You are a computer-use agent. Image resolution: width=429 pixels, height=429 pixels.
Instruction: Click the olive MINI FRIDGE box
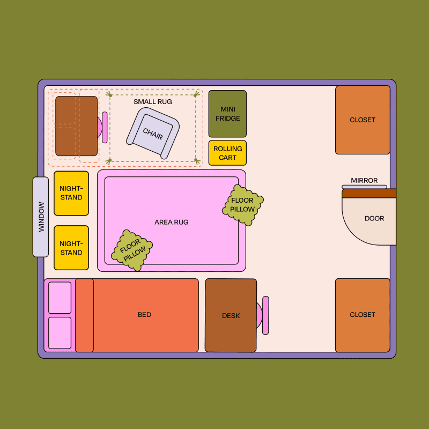pyautogui.click(x=227, y=114)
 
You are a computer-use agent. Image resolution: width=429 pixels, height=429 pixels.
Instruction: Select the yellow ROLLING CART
pyautogui.click(x=227, y=153)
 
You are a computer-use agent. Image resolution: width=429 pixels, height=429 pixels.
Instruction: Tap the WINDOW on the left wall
pyautogui.click(x=41, y=217)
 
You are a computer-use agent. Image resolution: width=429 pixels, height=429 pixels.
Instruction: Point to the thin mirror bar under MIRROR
pyautogui.click(x=364, y=187)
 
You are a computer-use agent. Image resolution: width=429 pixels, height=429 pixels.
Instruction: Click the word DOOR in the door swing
pyautogui.click(x=374, y=218)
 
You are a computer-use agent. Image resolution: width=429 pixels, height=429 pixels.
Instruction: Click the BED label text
pyautogui.click(x=144, y=315)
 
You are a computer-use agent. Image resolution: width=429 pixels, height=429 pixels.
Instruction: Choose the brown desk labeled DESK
pyautogui.click(x=231, y=315)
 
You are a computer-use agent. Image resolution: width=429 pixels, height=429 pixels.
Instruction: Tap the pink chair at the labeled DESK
pyautogui.click(x=263, y=315)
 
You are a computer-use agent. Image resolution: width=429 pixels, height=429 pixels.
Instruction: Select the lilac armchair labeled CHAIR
pyautogui.click(x=153, y=133)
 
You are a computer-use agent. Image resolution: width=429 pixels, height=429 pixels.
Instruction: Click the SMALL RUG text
pyautogui.click(x=153, y=102)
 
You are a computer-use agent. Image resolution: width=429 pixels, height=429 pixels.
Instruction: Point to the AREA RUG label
pyautogui.click(x=172, y=222)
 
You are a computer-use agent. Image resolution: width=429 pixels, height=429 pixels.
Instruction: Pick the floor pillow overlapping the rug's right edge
pyautogui.click(x=243, y=205)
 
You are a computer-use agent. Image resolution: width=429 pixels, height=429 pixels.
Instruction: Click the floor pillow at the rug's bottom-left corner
pyautogui.click(x=132, y=250)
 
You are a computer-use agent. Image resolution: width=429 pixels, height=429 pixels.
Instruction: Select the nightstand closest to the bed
pyautogui.click(x=71, y=248)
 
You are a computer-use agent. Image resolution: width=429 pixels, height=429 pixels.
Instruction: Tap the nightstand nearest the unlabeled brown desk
pyautogui.click(x=71, y=193)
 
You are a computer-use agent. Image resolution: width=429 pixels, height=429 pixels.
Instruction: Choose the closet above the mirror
pyautogui.click(x=363, y=120)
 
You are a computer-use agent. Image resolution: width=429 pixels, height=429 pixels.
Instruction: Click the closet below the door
pyautogui.click(x=363, y=315)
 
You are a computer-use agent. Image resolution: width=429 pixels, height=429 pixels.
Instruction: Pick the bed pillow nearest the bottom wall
pyautogui.click(x=60, y=332)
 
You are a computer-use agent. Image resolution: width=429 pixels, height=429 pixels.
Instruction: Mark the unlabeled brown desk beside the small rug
pyautogui.click(x=76, y=126)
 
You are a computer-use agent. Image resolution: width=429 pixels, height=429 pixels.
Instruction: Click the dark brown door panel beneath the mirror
pyautogui.click(x=369, y=194)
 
